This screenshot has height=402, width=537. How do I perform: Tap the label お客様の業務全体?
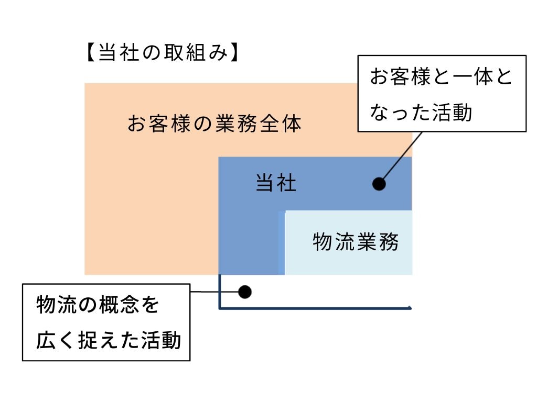click(214, 125)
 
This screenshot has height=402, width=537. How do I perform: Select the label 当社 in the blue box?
click(276, 184)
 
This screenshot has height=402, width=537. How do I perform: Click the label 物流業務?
click(356, 242)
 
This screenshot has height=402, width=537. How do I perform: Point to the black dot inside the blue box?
click(379, 184)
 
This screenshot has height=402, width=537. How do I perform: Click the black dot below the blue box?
click(245, 292)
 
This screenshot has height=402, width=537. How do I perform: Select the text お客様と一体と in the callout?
click(441, 77)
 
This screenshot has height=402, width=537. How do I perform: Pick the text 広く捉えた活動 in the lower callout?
click(109, 341)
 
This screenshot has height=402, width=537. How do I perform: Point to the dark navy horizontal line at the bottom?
click(315, 308)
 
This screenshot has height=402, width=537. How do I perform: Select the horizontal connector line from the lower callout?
click(205, 292)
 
